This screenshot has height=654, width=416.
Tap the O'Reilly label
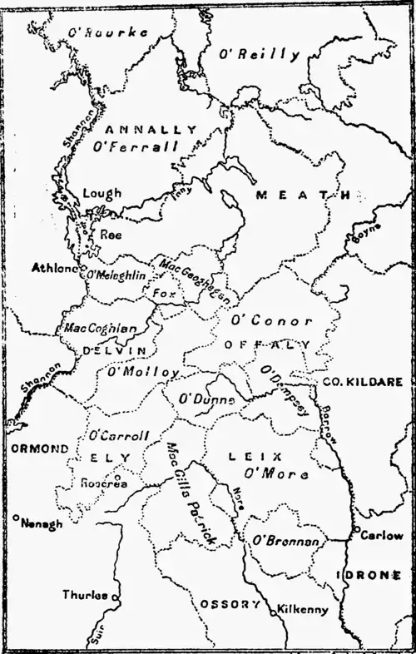pos(258,55)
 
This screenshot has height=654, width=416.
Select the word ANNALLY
pos(152,130)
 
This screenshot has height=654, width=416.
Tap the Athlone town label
pos(52,269)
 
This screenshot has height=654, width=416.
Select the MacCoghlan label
pos(100,329)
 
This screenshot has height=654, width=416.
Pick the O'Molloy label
pos(143,372)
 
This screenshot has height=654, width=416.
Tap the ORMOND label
pos(39,448)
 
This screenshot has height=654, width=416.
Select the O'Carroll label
pos(118,435)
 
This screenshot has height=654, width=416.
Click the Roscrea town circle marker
pos(116,478)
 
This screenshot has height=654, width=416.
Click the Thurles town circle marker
pos(116,597)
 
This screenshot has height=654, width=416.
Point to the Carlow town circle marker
pos(355,530)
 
